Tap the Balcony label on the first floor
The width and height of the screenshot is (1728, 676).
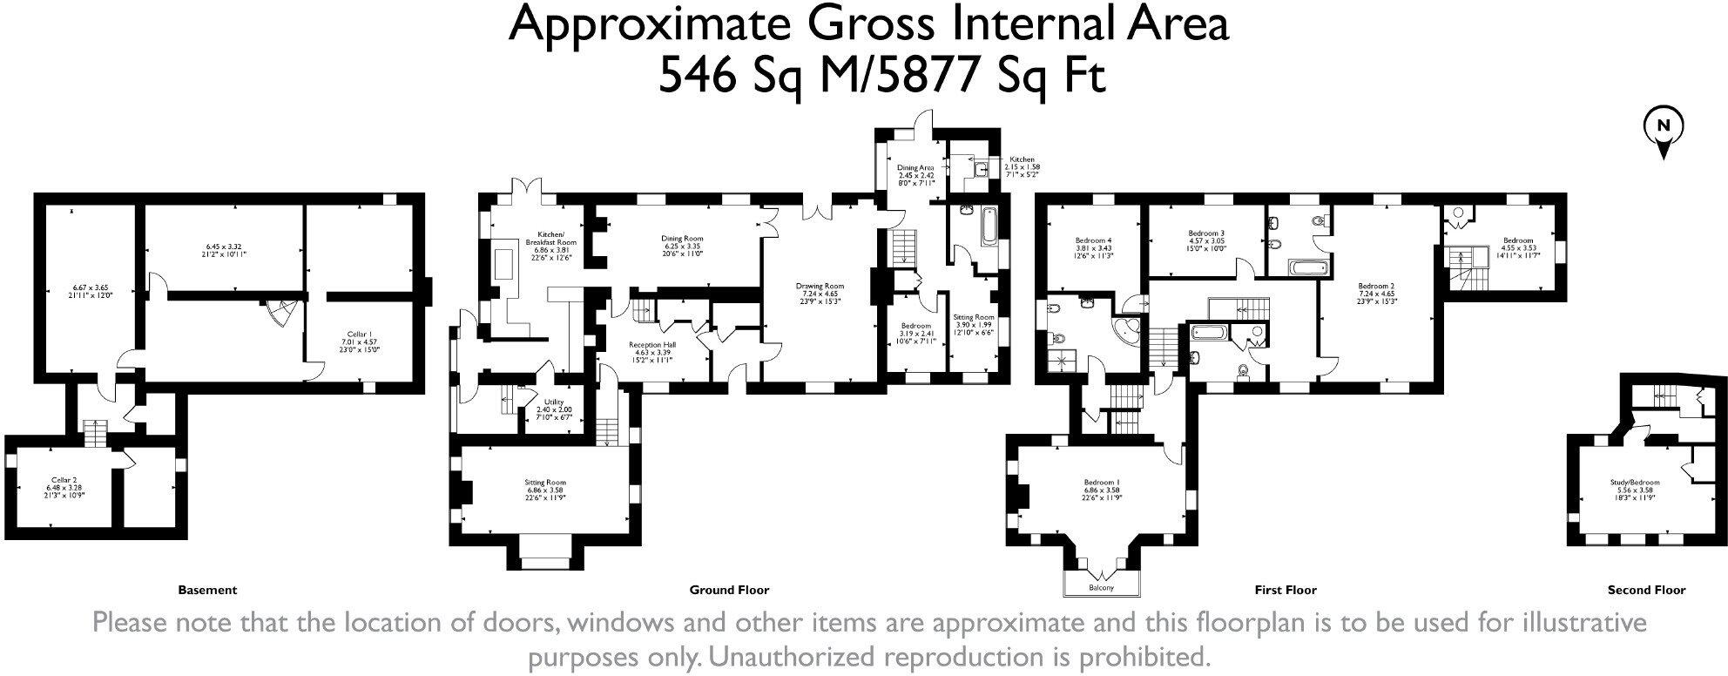click(1101, 588)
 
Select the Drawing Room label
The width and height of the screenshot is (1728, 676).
click(820, 286)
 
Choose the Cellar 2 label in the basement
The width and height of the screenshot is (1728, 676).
click(64, 479)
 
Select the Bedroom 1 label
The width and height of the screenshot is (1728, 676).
click(1101, 482)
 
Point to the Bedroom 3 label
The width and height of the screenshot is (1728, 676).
click(1206, 233)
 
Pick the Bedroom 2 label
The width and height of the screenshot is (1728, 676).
click(1377, 286)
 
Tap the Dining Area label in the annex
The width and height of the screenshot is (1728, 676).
click(915, 167)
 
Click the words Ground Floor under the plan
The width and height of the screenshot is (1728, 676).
click(729, 590)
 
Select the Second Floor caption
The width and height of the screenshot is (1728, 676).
click(1646, 590)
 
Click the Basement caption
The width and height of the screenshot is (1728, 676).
click(207, 590)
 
